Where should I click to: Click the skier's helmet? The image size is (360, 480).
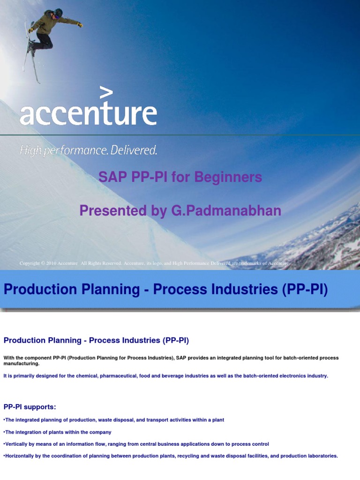(x=58, y=13)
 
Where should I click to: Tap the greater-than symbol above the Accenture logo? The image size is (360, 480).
(x=106, y=93)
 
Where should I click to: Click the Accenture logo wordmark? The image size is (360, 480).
(x=88, y=114)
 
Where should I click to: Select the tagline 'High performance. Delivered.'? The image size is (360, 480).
(x=88, y=150)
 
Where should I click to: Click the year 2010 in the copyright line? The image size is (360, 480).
(x=51, y=263)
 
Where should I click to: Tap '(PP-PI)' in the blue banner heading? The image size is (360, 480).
(x=305, y=290)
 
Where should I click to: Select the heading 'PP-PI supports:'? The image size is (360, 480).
(x=30, y=406)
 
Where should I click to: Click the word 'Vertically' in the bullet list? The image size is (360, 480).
(x=16, y=444)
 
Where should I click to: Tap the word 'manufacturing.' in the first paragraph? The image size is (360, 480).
(x=22, y=364)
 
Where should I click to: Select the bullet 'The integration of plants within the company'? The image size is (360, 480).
(x=57, y=432)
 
